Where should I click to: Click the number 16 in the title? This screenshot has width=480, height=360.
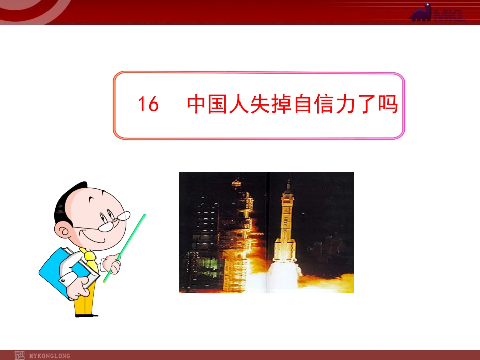(x=149, y=105)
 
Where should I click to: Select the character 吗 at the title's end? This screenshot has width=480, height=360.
(x=388, y=105)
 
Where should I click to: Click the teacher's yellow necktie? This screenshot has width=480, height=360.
(x=91, y=260)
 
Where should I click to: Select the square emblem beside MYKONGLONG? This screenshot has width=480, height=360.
(x=19, y=355)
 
